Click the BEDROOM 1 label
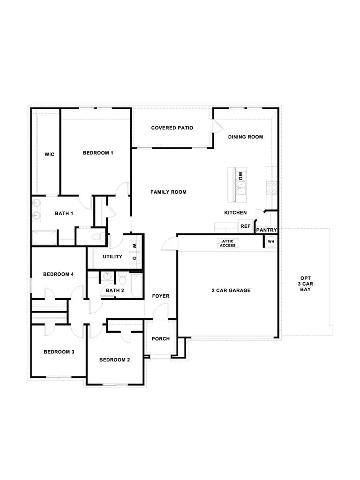pos(98,153)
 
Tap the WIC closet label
pos(49,154)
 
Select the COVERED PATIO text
pos(172,128)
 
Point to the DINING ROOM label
pos(246,137)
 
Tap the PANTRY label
pos(266,230)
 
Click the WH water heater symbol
pos(271,241)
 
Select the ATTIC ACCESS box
pos(228,243)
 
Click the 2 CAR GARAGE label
pos(231,291)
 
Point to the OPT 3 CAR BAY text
pos(306,284)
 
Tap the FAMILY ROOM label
pos(168,192)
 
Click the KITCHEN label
pos(235,213)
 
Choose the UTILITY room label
pos(112,256)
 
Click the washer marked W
pos(135,246)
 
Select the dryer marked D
pos(135,258)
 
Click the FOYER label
pos(161,296)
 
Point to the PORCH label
pos(161,339)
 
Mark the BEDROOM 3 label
pos(59,352)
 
